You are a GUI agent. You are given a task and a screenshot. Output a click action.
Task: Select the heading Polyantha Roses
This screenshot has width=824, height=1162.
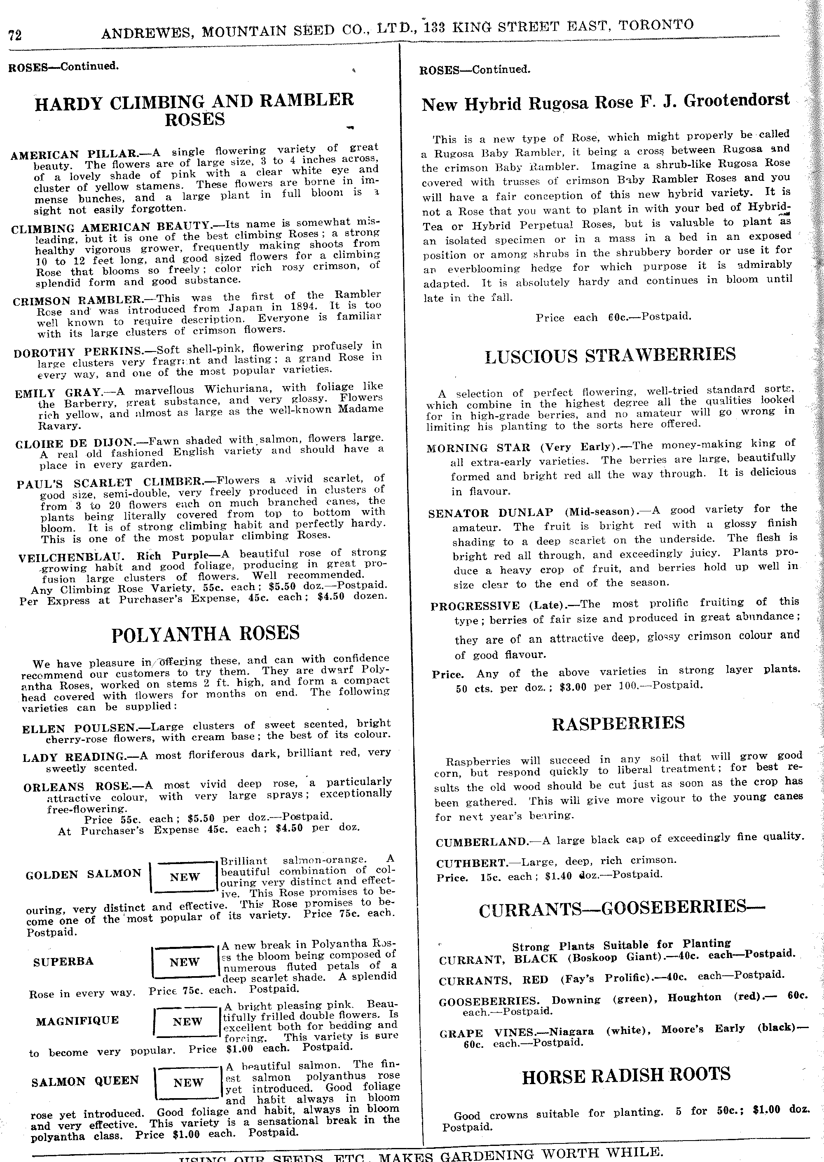click(x=206, y=633)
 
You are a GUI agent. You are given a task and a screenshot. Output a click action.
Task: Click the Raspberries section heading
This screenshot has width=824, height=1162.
click(x=618, y=723)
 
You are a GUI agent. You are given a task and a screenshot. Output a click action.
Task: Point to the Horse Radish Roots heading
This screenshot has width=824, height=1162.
click(x=626, y=1075)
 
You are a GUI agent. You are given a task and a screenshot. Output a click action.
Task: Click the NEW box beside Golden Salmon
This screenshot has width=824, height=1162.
click(x=185, y=877)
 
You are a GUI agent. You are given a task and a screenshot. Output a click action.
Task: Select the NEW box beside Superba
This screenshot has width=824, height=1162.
click(x=185, y=962)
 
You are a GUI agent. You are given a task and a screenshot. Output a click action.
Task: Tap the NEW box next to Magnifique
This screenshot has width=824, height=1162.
click(x=187, y=1021)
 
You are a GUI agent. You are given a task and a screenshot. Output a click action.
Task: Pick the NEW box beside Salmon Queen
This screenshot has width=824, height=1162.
click(x=188, y=1082)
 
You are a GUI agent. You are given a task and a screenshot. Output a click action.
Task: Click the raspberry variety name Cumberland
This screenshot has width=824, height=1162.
click(x=482, y=842)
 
